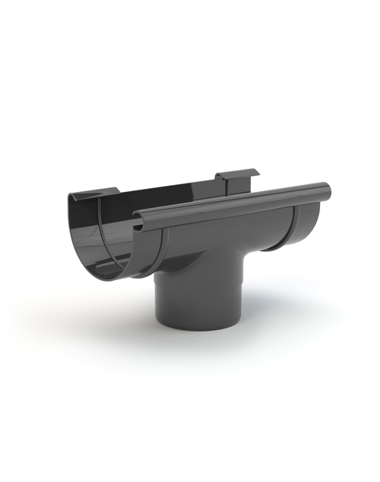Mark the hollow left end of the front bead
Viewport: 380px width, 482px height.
[x=137, y=223]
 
